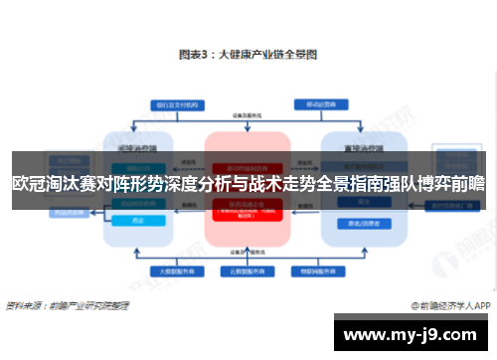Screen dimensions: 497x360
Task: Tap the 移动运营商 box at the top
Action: point(319,102)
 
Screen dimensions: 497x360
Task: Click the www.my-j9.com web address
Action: point(418,335)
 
